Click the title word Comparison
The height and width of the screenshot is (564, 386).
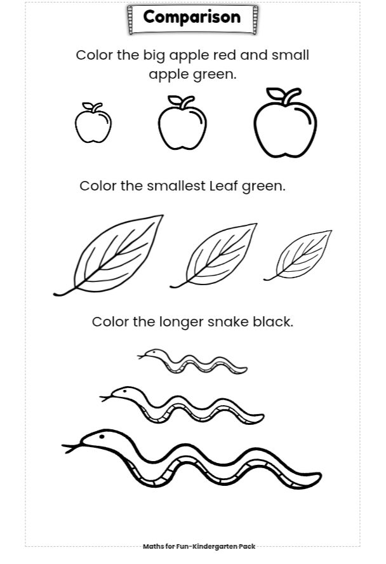coord(192,17)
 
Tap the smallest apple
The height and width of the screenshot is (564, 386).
coord(93,123)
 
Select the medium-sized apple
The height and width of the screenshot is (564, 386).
coord(182,123)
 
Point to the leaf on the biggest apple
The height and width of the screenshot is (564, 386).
coord(275,93)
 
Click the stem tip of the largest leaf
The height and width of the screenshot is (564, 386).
coord(55,295)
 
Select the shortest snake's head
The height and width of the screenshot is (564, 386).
coord(153,354)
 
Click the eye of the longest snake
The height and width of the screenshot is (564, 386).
coord(102,437)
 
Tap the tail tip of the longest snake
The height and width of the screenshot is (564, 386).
coord(320,476)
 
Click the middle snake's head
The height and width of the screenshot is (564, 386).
coord(122,393)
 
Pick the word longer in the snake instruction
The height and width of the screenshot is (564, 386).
coord(182,322)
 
